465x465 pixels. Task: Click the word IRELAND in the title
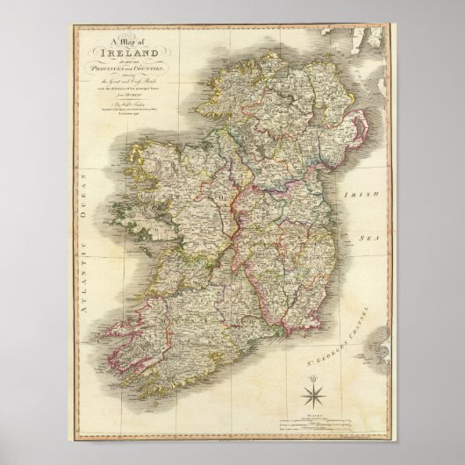pyautogui.click(x=125, y=54)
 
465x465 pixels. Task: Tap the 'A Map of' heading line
pyautogui.click(x=125, y=43)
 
